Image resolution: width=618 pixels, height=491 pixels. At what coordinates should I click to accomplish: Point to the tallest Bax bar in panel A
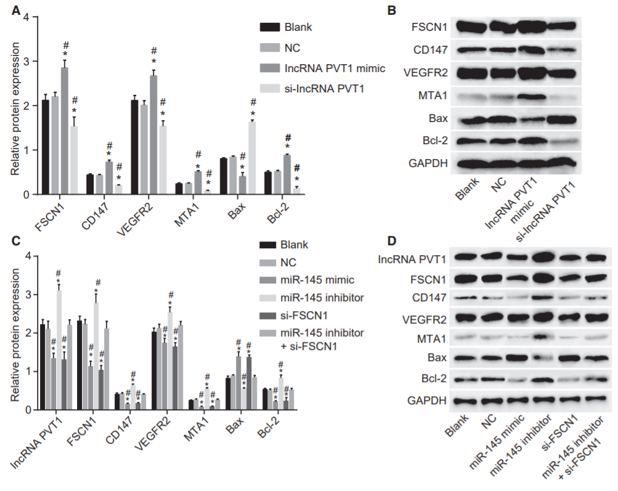[253, 158]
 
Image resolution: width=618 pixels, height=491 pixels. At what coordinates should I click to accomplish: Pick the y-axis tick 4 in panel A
[26, 17]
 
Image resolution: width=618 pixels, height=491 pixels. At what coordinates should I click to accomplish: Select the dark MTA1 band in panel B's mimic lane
[532, 96]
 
